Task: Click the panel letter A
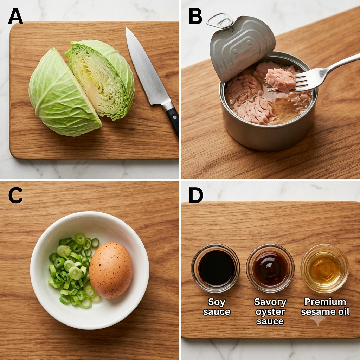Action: tap(15, 16)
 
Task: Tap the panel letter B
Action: tap(195, 16)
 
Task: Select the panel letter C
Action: tap(15, 195)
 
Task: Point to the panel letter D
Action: tap(196, 195)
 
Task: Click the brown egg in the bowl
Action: tap(111, 270)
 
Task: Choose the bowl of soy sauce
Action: tap(216, 268)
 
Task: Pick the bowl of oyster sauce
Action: tap(270, 268)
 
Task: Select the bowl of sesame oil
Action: tap(324, 268)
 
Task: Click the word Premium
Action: tap(325, 302)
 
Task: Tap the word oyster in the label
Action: tap(270, 312)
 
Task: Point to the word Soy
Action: tap(217, 302)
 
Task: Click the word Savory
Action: tap(270, 302)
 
